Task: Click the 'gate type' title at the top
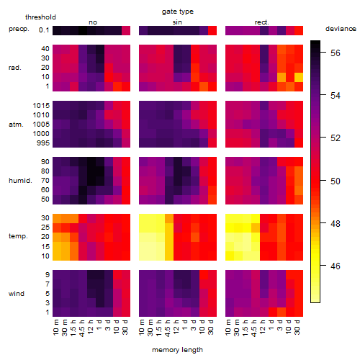pos(178,12)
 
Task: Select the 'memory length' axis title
pos(177,350)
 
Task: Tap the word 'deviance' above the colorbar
pos(341,29)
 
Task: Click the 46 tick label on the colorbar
pos(336,266)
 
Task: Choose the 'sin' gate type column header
pos(177,22)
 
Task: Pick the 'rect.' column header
pos(262,22)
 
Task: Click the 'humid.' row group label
pos(20,181)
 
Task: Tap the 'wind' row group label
pos(17,294)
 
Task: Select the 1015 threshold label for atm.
pos(41,106)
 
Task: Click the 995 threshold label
pos(43,143)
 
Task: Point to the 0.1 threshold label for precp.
pos(44,30)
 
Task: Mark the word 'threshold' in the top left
pos(40,17)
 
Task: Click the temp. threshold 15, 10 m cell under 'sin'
pos(143,246)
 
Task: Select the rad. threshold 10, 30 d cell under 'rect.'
pos(299,77)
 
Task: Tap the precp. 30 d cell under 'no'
pos(126,30)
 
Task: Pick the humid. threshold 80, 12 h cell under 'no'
pos(91,171)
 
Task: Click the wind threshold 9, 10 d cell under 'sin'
pos(204,275)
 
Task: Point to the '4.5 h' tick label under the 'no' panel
pos(81,328)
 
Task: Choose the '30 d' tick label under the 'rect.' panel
pos(297,327)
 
